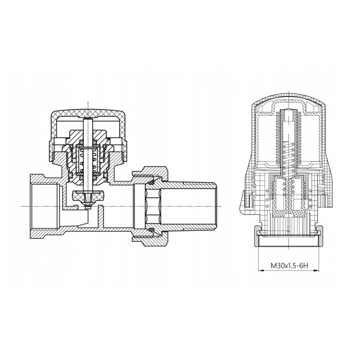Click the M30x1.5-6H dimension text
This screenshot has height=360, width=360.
289,266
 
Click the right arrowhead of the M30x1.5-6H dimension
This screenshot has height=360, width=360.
317,271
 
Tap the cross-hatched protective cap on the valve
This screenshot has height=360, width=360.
88,115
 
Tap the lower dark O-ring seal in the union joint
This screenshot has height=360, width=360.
151,229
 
